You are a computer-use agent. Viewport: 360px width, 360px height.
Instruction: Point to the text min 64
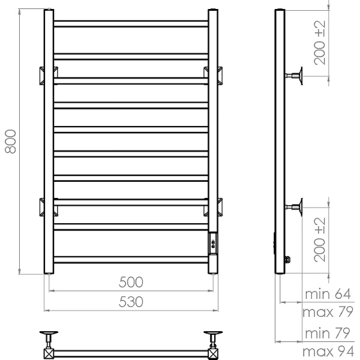(x=327, y=295)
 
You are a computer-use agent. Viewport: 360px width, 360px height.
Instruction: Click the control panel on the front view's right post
(x=214, y=242)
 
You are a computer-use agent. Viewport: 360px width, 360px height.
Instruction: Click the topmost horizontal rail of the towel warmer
(x=130, y=23)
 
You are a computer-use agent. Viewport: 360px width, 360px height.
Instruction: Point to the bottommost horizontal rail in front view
(x=130, y=260)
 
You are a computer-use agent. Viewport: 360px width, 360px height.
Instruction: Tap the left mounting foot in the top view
(x=48, y=335)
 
